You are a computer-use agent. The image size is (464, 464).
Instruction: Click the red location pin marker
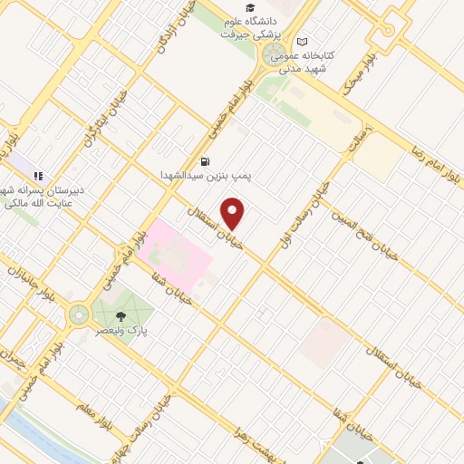[234, 214]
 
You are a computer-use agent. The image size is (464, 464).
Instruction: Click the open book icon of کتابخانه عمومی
[302, 42]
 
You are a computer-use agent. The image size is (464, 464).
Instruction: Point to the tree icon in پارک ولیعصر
[121, 316]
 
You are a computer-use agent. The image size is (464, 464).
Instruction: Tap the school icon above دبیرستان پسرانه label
[38, 175]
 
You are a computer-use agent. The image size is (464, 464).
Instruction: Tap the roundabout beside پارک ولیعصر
[79, 314]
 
